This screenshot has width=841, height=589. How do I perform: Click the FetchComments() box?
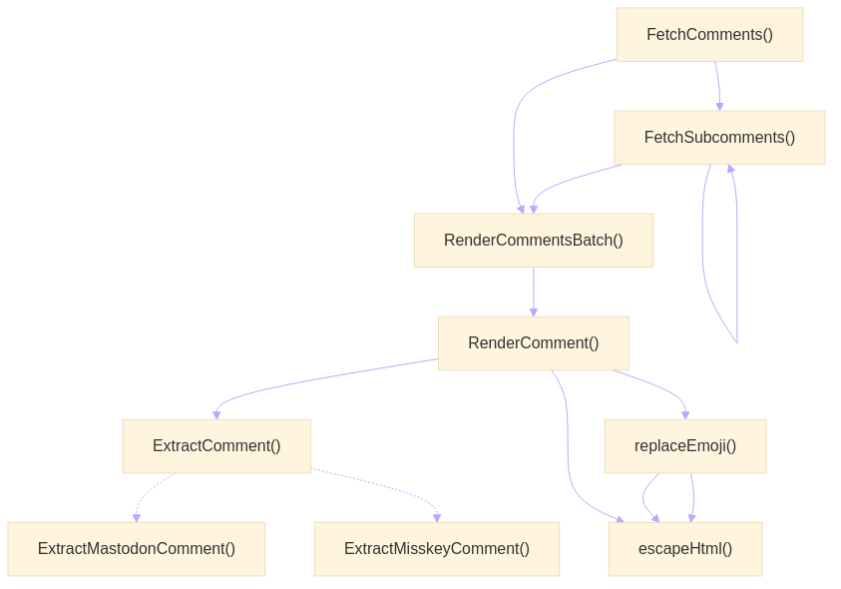(x=709, y=35)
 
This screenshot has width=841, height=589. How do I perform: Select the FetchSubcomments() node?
(x=719, y=138)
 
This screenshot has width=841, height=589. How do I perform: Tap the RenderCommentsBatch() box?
(x=534, y=241)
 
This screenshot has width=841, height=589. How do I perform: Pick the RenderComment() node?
(x=533, y=343)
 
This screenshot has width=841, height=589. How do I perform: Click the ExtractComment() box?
(x=216, y=446)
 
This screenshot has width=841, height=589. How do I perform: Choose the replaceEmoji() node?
(x=685, y=446)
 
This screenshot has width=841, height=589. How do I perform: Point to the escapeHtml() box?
(x=685, y=549)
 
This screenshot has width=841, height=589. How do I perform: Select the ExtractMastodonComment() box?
(x=137, y=549)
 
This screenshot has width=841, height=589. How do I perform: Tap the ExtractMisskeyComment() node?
(x=437, y=549)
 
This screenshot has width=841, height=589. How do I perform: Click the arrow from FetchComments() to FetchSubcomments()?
(x=717, y=86)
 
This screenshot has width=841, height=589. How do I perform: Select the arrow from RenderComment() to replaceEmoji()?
(x=658, y=388)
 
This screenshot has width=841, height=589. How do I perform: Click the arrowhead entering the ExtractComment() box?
(x=216, y=413)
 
